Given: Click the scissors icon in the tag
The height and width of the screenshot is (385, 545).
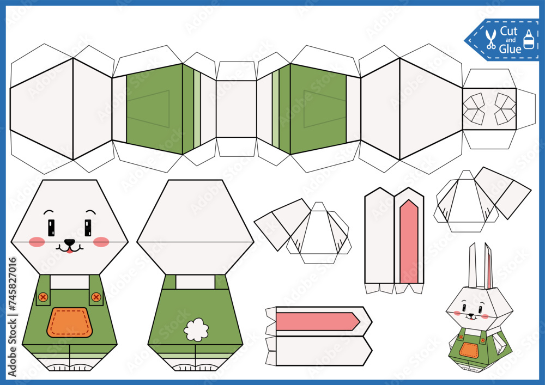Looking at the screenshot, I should (491, 39).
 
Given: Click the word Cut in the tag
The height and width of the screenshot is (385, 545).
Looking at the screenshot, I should (508, 31).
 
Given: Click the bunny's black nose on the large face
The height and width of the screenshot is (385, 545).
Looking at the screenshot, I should (69, 242).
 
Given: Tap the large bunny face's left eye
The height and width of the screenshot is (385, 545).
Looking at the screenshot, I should (51, 227).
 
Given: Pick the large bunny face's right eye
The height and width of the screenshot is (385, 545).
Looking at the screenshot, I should (88, 227).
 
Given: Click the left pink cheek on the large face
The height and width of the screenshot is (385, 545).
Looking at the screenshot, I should (37, 242).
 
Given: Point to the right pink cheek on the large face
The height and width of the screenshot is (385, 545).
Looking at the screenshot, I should (101, 242).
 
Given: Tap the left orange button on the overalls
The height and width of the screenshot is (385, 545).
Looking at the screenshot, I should (42, 297).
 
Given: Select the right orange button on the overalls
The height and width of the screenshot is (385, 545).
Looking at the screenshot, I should (96, 297).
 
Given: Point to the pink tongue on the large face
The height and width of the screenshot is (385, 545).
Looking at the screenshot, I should (69, 250).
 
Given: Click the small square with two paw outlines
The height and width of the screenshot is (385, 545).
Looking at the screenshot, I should (489, 108).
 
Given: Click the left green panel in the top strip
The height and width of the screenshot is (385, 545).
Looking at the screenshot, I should (154, 108).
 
